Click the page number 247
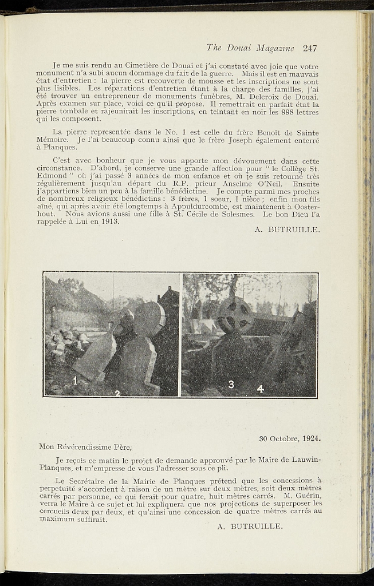pyautogui.click(x=310, y=48)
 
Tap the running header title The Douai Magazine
pyautogui.click(x=250, y=48)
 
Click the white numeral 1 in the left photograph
pyautogui.click(x=75, y=380)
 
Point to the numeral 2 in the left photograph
pyautogui.click(x=117, y=393)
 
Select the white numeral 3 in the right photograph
pyautogui.click(x=231, y=385)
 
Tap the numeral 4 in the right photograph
pyautogui.click(x=260, y=389)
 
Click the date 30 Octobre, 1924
pyautogui.click(x=289, y=439)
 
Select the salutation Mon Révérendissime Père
pyautogui.click(x=85, y=447)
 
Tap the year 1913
pyautogui.click(x=109, y=222)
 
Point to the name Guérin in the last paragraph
pyautogui.click(x=309, y=496)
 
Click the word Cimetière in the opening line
pyautogui.click(x=134, y=67)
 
